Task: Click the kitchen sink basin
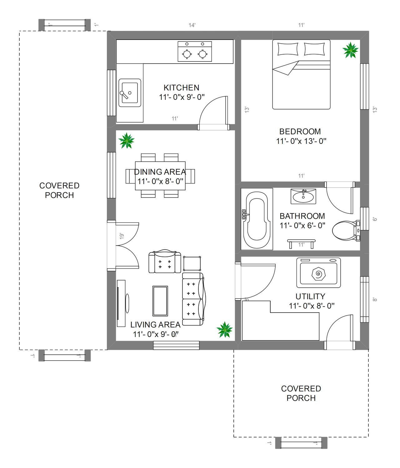[130, 93]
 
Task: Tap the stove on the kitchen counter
[195, 51]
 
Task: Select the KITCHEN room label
[181, 88]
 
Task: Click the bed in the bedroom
[301, 75]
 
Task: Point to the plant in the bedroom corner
[351, 50]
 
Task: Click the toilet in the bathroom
[346, 231]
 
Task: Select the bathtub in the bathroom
[257, 219]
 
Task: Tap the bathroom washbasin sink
[303, 196]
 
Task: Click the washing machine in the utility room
[319, 273]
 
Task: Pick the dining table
[160, 176]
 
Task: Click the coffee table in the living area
[160, 301]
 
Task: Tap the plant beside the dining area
[127, 141]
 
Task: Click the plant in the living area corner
[224, 329]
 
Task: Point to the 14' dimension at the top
[192, 25]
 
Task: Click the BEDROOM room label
[300, 132]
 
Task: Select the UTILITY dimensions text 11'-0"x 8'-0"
[312, 306]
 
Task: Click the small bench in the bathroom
[301, 244]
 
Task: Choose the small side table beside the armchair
[192, 264]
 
